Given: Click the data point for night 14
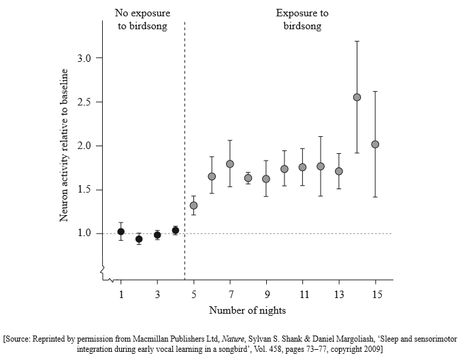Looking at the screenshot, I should (357, 97).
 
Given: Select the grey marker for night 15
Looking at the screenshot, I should (375, 144).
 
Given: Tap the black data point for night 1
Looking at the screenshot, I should (121, 231).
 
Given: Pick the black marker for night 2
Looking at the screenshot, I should (139, 239).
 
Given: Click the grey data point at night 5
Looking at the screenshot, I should (194, 206).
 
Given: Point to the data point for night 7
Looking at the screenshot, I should (230, 164).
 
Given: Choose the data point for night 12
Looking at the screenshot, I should (321, 166).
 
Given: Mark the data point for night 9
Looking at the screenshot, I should (266, 179).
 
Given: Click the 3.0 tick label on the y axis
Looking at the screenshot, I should (84, 59).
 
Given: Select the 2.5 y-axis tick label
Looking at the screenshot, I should (84, 102).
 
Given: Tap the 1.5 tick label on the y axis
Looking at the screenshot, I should (84, 190).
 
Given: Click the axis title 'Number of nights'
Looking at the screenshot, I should (247, 311).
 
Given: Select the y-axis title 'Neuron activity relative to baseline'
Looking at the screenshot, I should (65, 145).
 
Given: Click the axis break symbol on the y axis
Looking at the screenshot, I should (103, 272).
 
